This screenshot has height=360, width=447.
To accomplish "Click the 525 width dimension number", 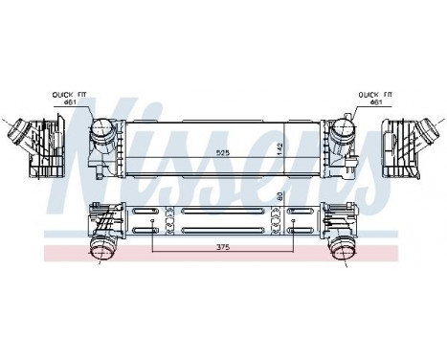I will pyautogui.click(x=224, y=152).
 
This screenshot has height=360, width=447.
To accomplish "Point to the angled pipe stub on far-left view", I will pyautogui.click(x=16, y=132).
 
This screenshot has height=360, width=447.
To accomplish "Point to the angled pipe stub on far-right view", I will pyautogui.click(x=430, y=132).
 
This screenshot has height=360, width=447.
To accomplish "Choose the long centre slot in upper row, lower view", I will pyautogui.click(x=223, y=212).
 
